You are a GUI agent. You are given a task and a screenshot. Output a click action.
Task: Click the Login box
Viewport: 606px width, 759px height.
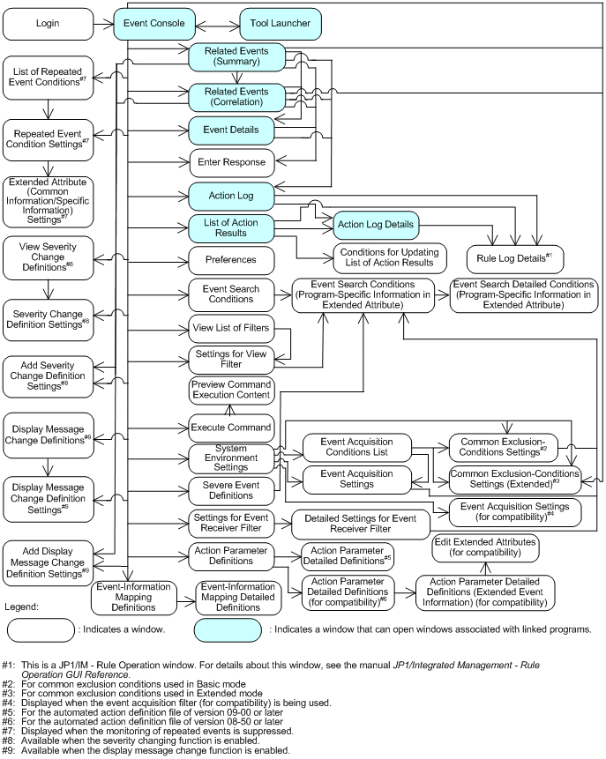pos(47,24)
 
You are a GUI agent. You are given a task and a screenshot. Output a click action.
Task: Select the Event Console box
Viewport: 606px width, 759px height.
pos(151,24)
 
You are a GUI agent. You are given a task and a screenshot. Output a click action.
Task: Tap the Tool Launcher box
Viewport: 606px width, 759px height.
pos(256,24)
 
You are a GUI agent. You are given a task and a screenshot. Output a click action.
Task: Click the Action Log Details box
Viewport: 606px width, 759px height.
pos(374,226)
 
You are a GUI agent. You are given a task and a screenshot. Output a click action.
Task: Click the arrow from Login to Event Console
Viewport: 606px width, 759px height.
pos(103,24)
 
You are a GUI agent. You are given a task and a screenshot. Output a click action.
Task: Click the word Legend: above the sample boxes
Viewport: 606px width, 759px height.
pos(22,606)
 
